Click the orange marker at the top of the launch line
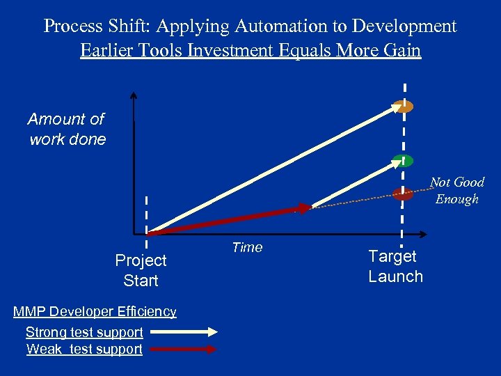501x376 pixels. (403, 107)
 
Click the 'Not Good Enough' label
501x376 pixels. (456, 191)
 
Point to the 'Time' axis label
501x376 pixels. (247, 248)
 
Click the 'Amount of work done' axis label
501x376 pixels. (67, 130)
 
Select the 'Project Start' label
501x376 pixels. (141, 270)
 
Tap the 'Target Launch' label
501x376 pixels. (395, 266)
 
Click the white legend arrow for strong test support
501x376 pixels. (182, 333)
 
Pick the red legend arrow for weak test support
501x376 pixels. (182, 350)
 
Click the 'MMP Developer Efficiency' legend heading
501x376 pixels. (95, 312)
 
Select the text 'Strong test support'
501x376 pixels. (84, 333)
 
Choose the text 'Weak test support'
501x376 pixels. (84, 350)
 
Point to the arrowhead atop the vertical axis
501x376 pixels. (134, 95)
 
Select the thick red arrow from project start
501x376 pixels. (230, 219)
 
